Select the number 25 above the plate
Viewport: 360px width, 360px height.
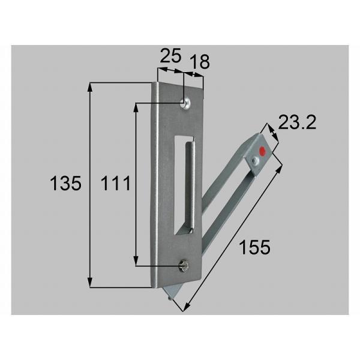pyautogui.click(x=171, y=57)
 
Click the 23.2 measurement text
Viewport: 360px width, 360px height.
pyautogui.click(x=297, y=124)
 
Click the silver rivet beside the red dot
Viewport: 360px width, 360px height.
pyautogui.click(x=256, y=160)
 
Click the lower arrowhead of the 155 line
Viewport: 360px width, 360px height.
pyautogui.click(x=185, y=308)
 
